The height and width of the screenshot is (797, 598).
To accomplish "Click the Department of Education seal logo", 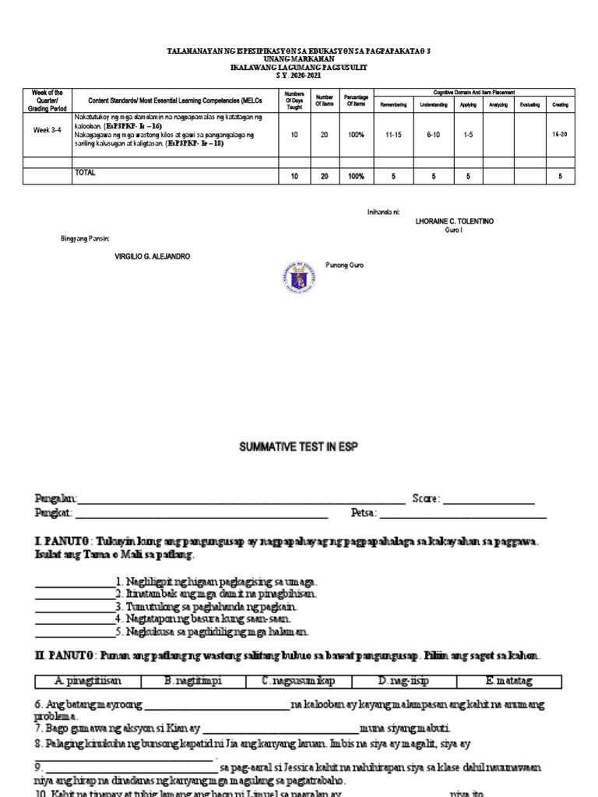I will [298, 277].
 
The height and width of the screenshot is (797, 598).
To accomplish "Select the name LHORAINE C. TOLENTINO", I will [454, 222].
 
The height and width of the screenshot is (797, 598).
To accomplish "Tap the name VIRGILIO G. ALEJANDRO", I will [152, 257].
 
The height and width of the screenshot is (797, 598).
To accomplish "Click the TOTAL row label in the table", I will [85, 174].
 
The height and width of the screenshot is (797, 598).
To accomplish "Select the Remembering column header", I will [393, 104].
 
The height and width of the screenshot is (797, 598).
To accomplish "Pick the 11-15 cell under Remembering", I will [393, 135].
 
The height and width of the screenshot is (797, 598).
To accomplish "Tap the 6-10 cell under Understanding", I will [434, 135].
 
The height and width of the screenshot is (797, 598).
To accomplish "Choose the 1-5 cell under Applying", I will [469, 135].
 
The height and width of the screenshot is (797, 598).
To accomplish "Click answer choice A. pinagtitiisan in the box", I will [88, 681].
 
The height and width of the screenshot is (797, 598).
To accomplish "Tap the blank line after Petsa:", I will [463, 515].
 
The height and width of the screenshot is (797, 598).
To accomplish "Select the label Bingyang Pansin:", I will [86, 238].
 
